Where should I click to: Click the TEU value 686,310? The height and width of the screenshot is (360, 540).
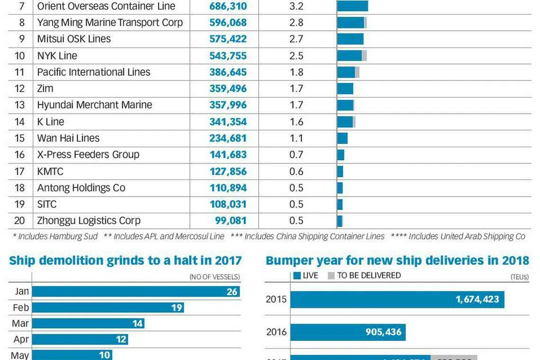point(228,6)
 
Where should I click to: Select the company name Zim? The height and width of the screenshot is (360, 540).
point(45,89)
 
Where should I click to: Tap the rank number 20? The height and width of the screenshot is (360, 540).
point(19,221)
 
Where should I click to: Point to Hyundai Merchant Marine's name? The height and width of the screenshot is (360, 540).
point(94,105)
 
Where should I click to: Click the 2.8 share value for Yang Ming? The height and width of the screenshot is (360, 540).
point(296,23)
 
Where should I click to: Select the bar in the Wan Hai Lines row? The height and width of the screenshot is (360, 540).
point(342,138)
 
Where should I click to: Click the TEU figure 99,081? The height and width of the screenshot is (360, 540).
point(231,221)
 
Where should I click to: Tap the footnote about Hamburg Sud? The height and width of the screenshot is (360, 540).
point(55,236)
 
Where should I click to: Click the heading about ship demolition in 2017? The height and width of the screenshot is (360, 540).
point(126,261)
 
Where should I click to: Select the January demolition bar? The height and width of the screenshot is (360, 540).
point(136,291)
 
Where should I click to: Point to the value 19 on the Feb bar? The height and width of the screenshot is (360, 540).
point(177,308)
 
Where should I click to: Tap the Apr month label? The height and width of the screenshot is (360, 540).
point(21,340)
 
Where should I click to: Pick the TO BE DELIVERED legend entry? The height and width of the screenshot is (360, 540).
point(364,275)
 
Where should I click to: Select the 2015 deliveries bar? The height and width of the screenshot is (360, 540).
point(397,299)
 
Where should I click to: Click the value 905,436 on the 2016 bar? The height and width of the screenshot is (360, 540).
point(383,332)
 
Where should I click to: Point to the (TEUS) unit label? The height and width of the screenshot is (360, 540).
point(520,277)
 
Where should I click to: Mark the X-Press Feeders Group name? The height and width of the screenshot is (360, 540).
point(88,154)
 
